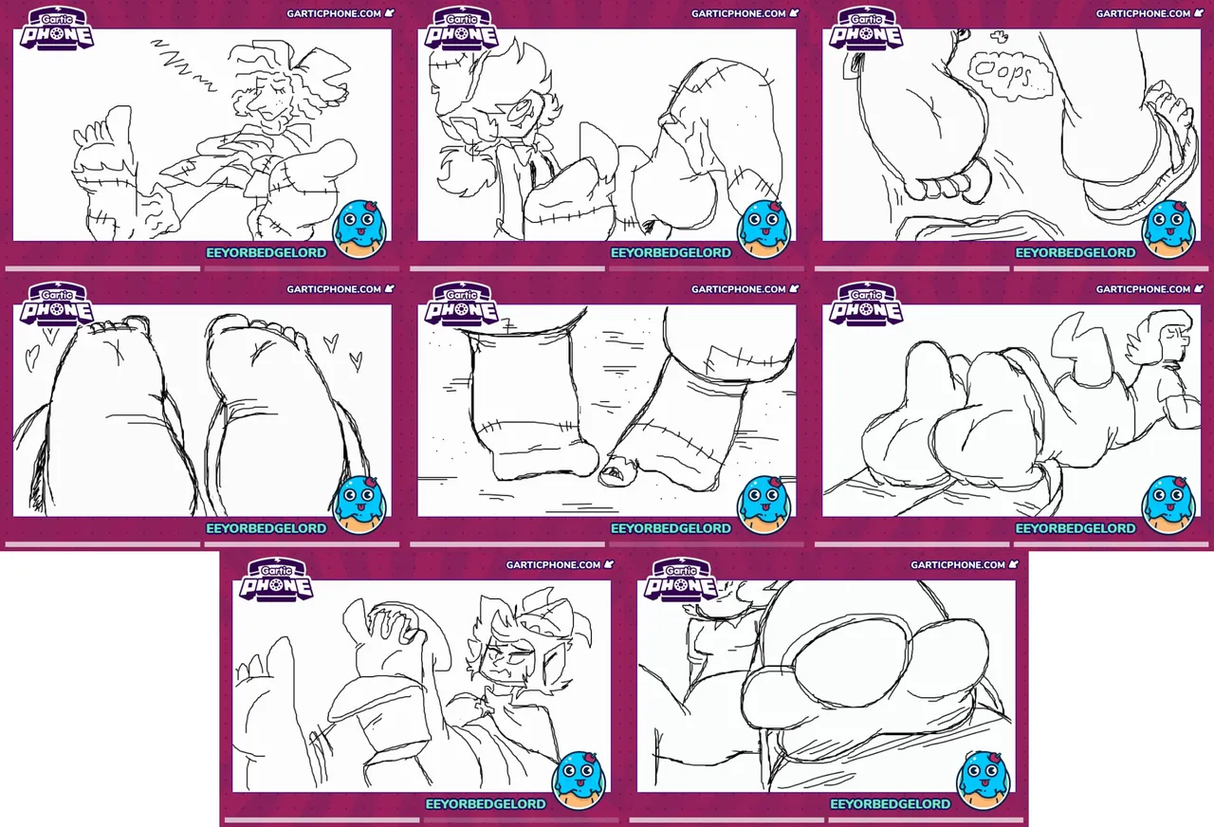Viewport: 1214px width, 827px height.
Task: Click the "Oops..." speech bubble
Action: [1010, 75]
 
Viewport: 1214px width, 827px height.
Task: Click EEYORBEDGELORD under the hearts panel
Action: [267, 528]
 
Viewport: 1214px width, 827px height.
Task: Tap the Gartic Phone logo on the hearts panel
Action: [57, 304]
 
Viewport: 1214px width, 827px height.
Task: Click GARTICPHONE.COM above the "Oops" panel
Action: [1143, 13]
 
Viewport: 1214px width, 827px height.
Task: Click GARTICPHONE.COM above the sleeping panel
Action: [334, 13]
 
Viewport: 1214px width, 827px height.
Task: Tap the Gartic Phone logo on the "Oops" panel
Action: [866, 28]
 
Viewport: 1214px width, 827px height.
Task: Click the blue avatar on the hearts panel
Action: [359, 505]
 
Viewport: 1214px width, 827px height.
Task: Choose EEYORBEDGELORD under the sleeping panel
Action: [267, 252]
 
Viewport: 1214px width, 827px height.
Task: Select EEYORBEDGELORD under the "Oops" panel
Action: [1076, 252]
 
